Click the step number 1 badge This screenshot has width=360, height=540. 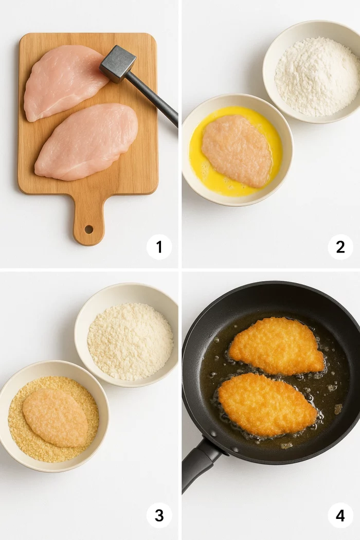pyautogui.click(x=159, y=247)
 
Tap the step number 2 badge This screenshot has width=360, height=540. pyautogui.click(x=340, y=247)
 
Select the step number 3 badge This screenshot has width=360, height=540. pyautogui.click(x=159, y=515)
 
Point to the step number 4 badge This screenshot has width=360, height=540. pyautogui.click(x=340, y=515)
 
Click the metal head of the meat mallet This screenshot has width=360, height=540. pyautogui.click(x=117, y=64)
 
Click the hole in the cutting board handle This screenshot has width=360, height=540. pyautogui.click(x=88, y=229)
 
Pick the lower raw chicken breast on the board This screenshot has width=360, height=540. pyautogui.click(x=86, y=142)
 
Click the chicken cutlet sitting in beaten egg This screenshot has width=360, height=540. pyautogui.click(x=237, y=151)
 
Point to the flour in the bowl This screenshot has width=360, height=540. pyautogui.click(x=317, y=77)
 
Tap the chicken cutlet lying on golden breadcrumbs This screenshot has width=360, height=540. pyautogui.click(x=56, y=418)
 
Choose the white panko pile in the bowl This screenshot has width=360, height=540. pyautogui.click(x=130, y=341)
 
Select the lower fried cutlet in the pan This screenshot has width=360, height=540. pyautogui.click(x=267, y=405)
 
